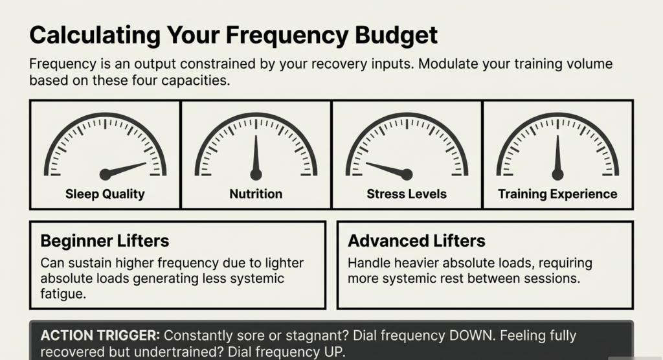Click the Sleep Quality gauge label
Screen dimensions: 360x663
(105, 194)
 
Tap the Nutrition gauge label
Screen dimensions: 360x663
(256, 194)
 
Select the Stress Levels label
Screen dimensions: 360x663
(407, 194)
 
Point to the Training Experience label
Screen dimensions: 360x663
(557, 194)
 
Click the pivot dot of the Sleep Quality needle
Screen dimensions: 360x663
(105, 174)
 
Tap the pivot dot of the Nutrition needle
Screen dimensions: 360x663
(256, 174)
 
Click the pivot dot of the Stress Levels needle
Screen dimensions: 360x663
(407, 174)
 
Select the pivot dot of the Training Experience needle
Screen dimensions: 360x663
(557, 174)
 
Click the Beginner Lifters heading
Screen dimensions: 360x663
(104, 242)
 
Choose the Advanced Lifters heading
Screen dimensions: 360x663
(416, 242)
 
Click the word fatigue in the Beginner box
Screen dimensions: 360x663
(62, 293)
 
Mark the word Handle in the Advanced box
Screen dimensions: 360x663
(366, 264)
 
